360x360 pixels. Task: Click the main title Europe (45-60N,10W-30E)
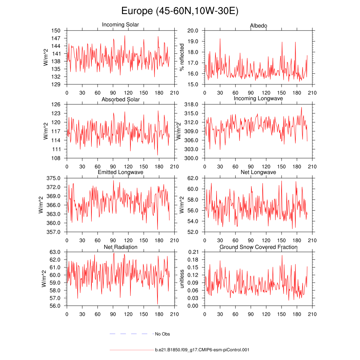coord(180,11)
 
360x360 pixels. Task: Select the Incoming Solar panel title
coord(120,25)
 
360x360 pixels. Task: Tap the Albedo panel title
coord(258,26)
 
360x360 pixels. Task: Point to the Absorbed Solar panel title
coord(120,99)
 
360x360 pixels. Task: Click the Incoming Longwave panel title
coord(258,98)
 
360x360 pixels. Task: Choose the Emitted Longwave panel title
coord(120,172)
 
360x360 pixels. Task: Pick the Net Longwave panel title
coord(258,172)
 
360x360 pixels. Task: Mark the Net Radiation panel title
coord(120,247)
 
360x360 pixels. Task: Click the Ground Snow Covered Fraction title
coord(258,247)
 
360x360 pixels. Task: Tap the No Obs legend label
coord(162,334)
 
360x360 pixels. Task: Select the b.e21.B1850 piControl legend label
coord(202,350)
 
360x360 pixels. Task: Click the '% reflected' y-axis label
coord(182,57)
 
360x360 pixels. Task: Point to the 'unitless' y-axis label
coord(182,279)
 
